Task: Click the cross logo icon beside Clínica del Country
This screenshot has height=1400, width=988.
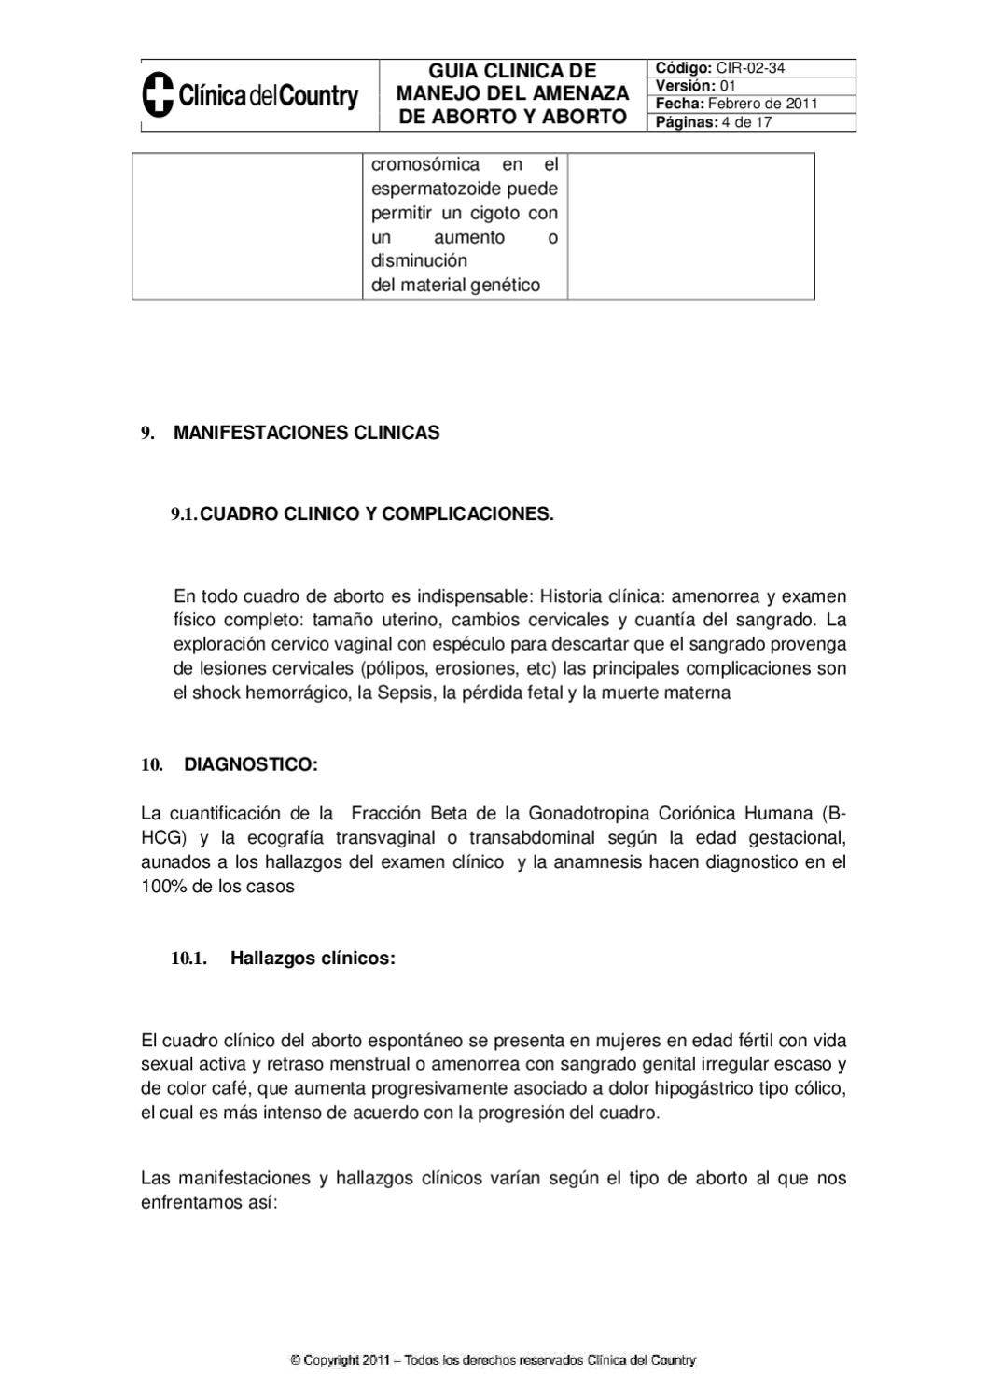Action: coord(158,95)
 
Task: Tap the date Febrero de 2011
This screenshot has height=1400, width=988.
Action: coord(762,104)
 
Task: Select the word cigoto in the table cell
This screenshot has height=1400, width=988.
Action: coord(494,214)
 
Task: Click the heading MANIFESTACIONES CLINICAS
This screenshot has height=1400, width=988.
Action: coord(306,433)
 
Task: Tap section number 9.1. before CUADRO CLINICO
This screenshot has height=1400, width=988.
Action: coord(184,514)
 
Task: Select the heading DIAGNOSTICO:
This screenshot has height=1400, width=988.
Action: coord(251,765)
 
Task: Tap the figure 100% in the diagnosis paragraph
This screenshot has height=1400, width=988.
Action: coord(163,887)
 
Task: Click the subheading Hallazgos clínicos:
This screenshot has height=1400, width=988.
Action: coord(313,959)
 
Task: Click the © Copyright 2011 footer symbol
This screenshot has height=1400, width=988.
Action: coord(296,1361)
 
